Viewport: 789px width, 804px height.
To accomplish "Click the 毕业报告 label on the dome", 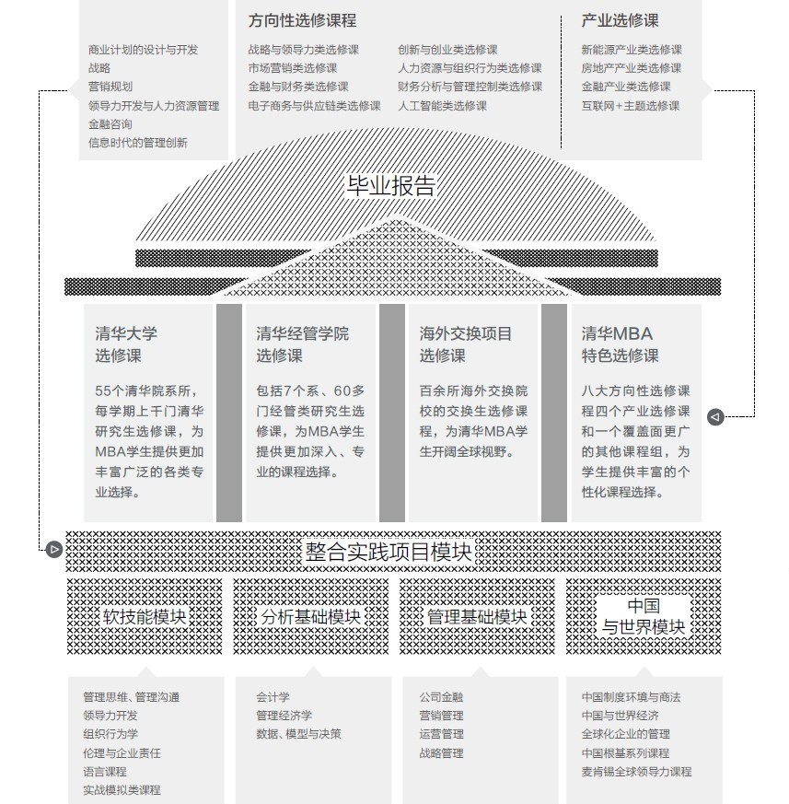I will [x=390, y=185].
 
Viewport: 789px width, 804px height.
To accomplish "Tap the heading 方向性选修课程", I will [x=302, y=20].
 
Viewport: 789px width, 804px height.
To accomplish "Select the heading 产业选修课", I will [x=620, y=20].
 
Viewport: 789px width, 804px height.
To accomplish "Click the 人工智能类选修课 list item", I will [x=442, y=106].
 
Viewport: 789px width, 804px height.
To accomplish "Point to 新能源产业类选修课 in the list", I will [x=632, y=51].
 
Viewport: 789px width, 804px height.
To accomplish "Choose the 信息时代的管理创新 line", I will [x=137, y=143].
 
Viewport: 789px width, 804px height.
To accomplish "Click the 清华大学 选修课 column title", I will [x=126, y=344].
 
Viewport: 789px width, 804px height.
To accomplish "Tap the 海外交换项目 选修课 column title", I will [x=466, y=344].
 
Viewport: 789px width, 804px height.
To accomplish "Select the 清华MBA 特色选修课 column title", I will [x=620, y=344].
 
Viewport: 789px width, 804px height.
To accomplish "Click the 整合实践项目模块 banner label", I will [x=389, y=553].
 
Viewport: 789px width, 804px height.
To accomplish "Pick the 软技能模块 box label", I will [x=145, y=616].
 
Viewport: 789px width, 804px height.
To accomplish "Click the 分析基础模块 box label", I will [x=310, y=616].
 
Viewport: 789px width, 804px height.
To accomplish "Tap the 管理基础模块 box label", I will [x=477, y=616].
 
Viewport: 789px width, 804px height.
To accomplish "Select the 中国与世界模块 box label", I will [x=644, y=617].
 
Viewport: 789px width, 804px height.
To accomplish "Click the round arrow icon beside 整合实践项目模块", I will [x=54, y=550].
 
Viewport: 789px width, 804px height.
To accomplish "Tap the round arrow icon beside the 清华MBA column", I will [x=715, y=417].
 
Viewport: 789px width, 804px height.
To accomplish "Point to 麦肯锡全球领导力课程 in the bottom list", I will [x=636, y=772].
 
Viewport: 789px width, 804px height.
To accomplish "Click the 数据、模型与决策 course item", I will [x=298, y=734].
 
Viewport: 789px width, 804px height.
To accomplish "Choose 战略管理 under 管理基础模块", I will [x=441, y=753].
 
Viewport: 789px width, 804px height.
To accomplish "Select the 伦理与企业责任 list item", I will [x=122, y=753].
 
